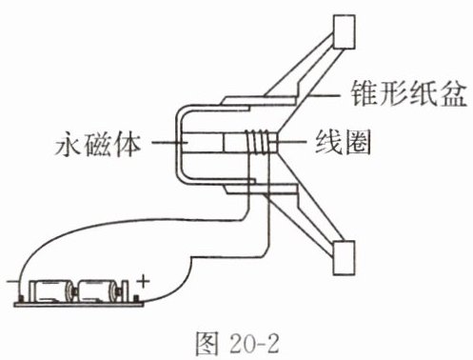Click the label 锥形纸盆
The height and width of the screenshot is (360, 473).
tap(408, 93)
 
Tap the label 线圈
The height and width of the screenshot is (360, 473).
tap(343, 142)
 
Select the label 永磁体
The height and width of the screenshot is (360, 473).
tap(98, 145)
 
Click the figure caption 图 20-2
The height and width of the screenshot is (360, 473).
tap(237, 344)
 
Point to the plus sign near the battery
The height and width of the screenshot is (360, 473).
tap(143, 281)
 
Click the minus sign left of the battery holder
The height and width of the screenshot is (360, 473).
tap(12, 281)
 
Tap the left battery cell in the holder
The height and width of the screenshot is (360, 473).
tap(53, 290)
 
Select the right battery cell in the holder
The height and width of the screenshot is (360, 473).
tap(97, 290)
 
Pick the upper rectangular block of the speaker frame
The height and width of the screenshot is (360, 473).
tap(344, 31)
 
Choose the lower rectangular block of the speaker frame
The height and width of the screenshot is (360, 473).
tap(344, 257)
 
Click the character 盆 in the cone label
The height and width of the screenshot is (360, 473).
tap(453, 93)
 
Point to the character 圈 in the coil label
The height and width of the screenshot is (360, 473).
tap(358, 142)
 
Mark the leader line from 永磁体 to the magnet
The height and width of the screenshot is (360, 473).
tap(169, 143)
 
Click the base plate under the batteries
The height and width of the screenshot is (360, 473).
tap(78, 305)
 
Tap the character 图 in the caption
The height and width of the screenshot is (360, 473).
tap(207, 344)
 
